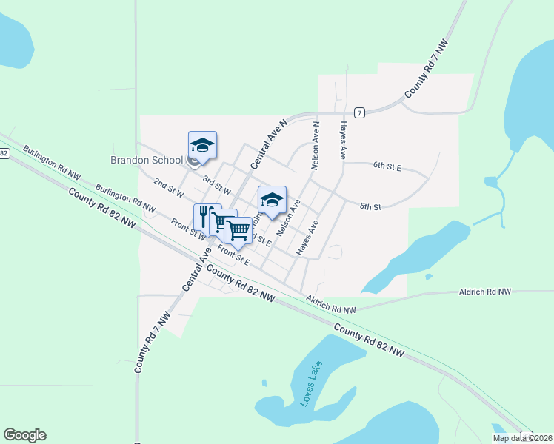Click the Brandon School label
click(147, 160)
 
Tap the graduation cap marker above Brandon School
click(202, 144)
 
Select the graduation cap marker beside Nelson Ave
click(272, 199)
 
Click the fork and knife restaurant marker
click(207, 216)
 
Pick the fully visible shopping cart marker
click(238, 230)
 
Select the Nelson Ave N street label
click(316, 147)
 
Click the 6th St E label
click(387, 168)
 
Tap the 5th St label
click(370, 206)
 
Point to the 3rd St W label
click(217, 186)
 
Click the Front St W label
click(188, 229)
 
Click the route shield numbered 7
click(358, 112)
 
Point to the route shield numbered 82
click(4, 153)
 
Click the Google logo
click(24, 435)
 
